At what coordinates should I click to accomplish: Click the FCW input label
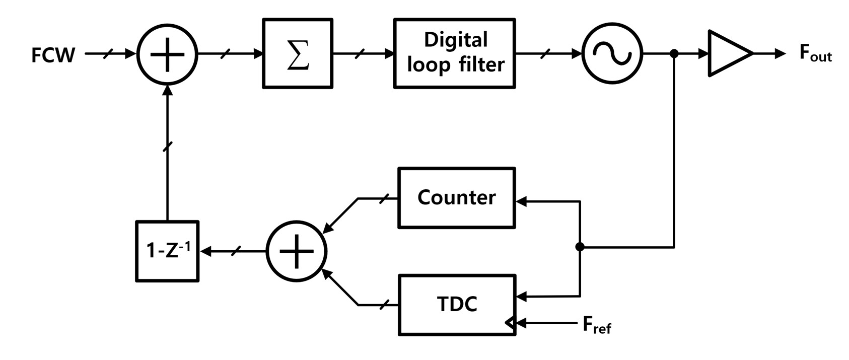[x=53, y=55]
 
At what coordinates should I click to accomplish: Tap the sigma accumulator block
[x=297, y=54]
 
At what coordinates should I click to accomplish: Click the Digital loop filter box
[x=454, y=53]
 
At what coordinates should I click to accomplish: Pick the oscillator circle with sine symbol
[x=612, y=53]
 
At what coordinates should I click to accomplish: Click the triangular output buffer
[x=728, y=53]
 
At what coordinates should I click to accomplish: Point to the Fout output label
[x=815, y=53]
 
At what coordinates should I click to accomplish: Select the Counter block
[x=456, y=198]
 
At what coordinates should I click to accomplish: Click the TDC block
[x=456, y=305]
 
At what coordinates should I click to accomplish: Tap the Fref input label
[x=597, y=326]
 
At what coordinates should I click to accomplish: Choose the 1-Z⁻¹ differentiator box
[x=167, y=251]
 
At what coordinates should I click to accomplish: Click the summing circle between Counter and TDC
[x=296, y=251]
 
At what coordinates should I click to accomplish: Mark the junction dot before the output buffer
[x=674, y=53]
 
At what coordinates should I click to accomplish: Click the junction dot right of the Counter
[x=580, y=247]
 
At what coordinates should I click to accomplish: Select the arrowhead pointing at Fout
[x=780, y=53]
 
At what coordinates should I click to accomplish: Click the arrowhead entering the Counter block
[x=521, y=201]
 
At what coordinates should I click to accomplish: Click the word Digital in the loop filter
[x=455, y=40]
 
